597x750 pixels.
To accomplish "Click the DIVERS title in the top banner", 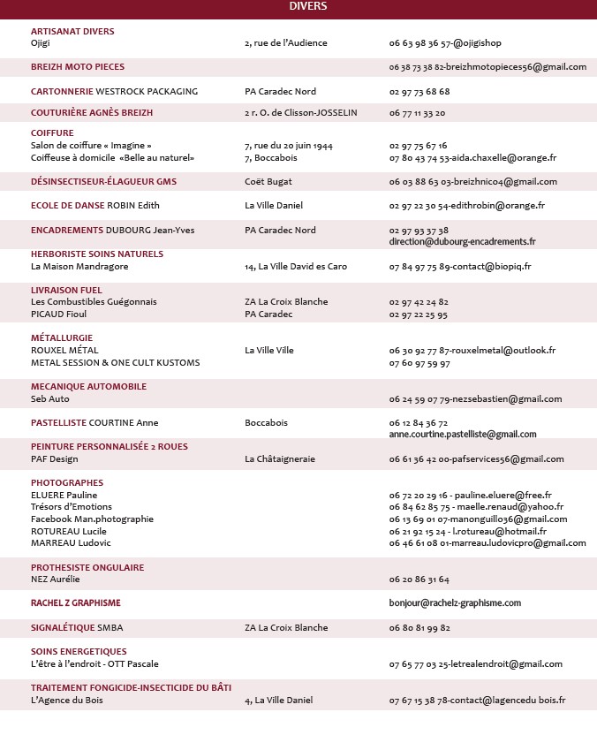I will [x=307, y=7].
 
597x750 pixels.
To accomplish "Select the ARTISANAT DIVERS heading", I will [x=72, y=31].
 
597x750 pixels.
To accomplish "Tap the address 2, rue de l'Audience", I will [x=285, y=42].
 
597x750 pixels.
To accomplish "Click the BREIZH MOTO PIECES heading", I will [x=78, y=66].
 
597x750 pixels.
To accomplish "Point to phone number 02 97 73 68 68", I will [x=419, y=91].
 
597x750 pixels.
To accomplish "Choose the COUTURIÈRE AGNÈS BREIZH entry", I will [x=92, y=113].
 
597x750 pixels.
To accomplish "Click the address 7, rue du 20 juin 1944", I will [x=289, y=146].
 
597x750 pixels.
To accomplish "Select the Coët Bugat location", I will [x=268, y=182].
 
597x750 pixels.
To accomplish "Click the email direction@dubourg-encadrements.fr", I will [x=462, y=241].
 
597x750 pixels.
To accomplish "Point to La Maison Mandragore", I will [x=79, y=266].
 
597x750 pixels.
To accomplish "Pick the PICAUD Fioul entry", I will [x=59, y=314].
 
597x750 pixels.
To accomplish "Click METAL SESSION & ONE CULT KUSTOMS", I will [x=115, y=362].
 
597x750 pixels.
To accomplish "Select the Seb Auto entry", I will [x=49, y=399].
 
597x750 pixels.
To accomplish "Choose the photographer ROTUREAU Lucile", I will [x=68, y=531].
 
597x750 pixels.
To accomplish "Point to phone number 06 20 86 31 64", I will [x=419, y=580].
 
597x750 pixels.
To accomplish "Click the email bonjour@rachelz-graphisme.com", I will [x=455, y=602].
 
